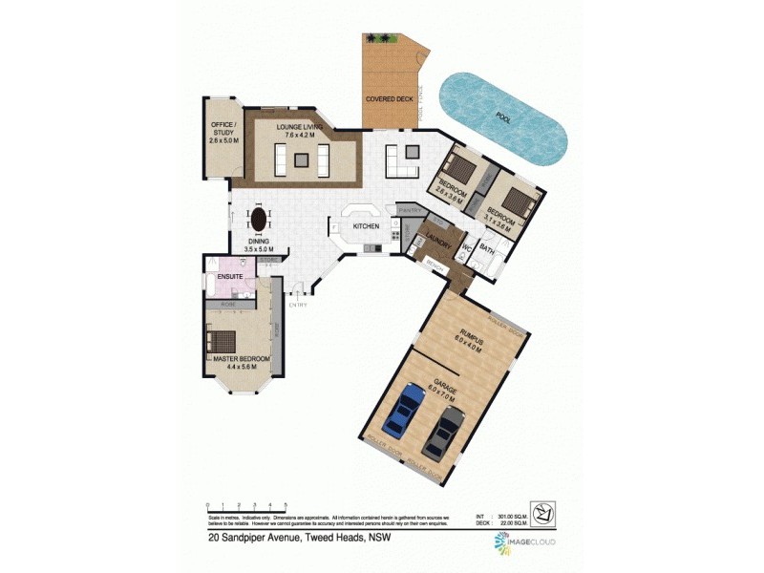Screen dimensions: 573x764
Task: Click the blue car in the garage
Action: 400,409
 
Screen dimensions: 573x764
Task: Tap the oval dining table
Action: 257,221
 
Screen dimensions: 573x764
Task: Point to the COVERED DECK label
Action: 389,98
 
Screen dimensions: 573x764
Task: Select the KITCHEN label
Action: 367,226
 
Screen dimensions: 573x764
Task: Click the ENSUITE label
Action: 230,277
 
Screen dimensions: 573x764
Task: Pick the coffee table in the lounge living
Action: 301,160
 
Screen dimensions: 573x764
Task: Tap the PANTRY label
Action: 410,209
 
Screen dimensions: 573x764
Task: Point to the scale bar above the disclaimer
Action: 246,506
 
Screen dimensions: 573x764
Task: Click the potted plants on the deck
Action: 379,38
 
